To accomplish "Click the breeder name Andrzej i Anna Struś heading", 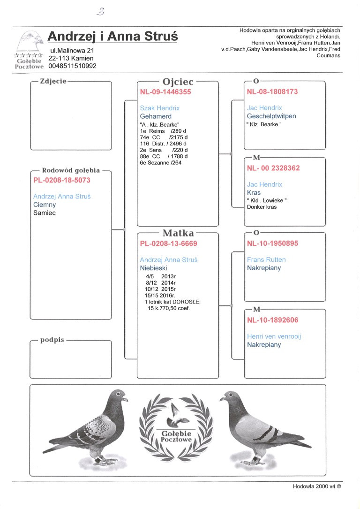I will [x=112, y=37].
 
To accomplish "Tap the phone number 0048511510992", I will [x=72, y=66].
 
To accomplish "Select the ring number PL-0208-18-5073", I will [x=62, y=180].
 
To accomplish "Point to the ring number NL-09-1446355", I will [x=165, y=92].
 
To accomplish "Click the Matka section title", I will [x=178, y=233].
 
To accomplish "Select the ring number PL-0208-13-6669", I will [x=168, y=243].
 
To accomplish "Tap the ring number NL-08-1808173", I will [x=272, y=92].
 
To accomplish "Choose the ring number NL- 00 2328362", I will [x=273, y=168].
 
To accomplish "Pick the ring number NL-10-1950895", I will [x=272, y=243].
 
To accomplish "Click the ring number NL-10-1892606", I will [x=272, y=320].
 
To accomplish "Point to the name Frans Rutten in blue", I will [x=266, y=259].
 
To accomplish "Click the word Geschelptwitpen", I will [x=271, y=116].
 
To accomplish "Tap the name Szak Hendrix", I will [x=160, y=108].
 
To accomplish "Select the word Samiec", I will [x=45, y=213].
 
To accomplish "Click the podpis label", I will [x=52, y=340].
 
